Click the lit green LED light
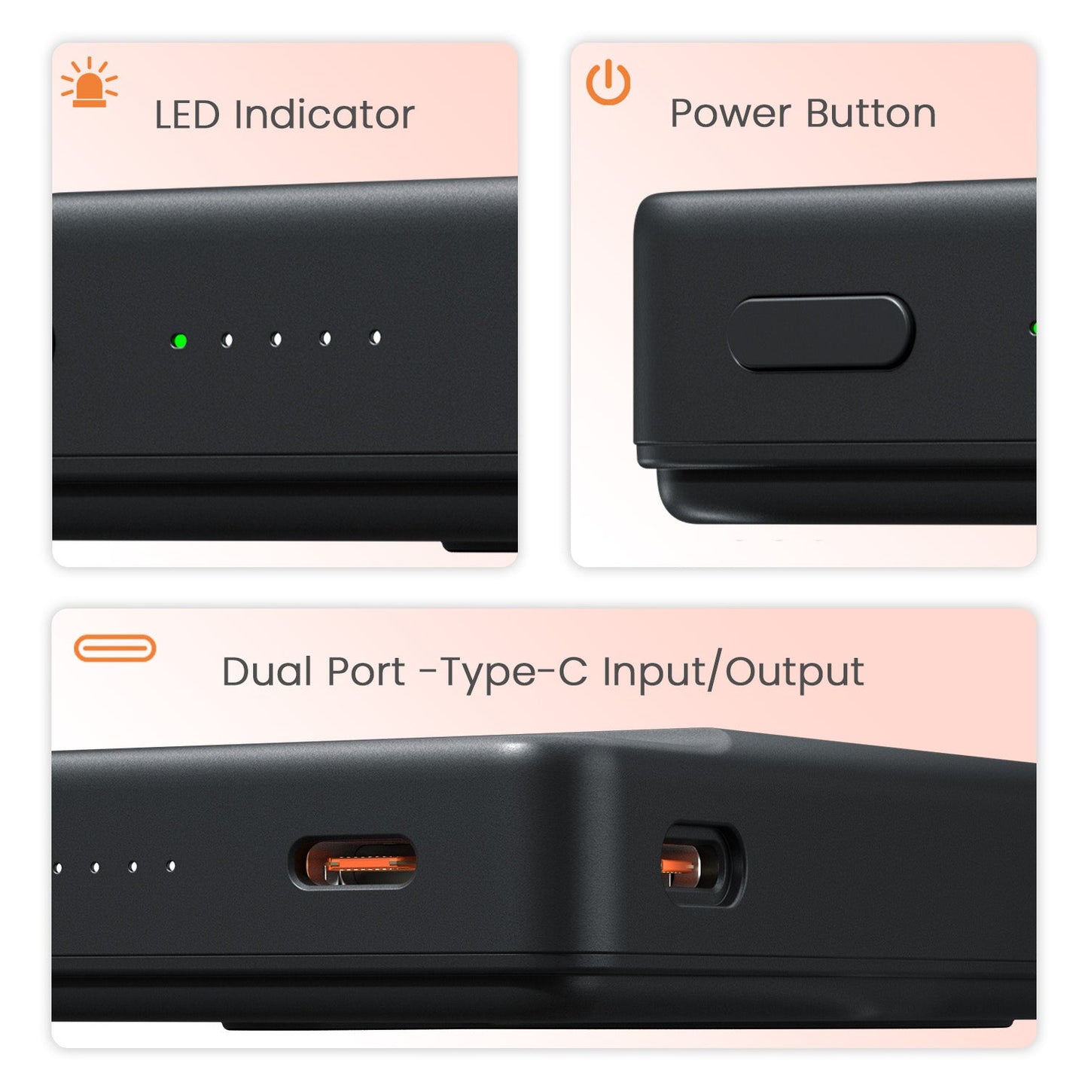pyautogui.click(x=179, y=341)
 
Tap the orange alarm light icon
pyautogui.click(x=90, y=83)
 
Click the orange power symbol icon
pyautogui.click(x=608, y=82)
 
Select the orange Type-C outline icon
pyautogui.click(x=115, y=648)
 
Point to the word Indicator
pyautogui.click(x=325, y=115)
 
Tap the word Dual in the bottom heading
pyautogui.click(x=267, y=672)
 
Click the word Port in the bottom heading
pyautogui.click(x=367, y=672)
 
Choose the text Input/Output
pyautogui.click(x=733, y=672)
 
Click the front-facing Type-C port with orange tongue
pyautogui.click(x=353, y=863)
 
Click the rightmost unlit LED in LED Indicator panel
pyautogui.click(x=375, y=338)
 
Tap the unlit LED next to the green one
pyautogui.click(x=227, y=340)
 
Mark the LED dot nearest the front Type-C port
pyautogui.click(x=172, y=867)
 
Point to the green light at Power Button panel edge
pyautogui.click(x=1034, y=328)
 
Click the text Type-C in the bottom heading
pyautogui.click(x=513, y=672)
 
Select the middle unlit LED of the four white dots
pyautogui.click(x=276, y=340)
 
